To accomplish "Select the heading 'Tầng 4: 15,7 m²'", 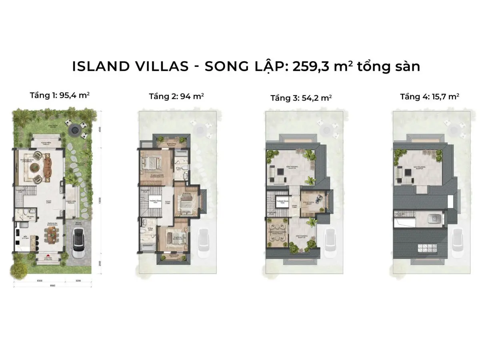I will tap(429, 96).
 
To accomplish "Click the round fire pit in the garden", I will tap(74, 130).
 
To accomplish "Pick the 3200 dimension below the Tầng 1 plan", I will tap(78, 281).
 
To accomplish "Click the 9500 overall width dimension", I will tap(52, 286).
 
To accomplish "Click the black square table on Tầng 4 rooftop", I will tap(409, 172).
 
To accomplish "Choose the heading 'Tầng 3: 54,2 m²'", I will tap(301, 98).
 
